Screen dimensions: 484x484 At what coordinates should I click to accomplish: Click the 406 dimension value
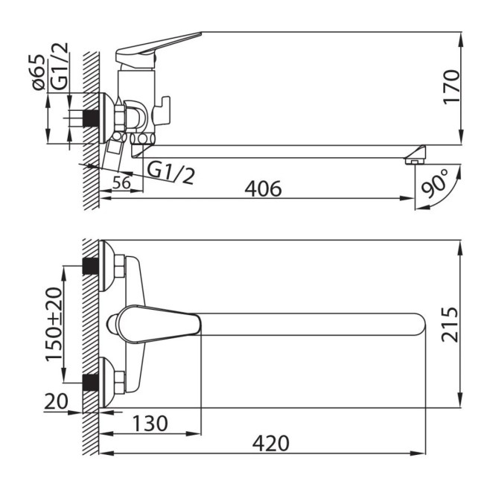pyautogui.click(x=263, y=188)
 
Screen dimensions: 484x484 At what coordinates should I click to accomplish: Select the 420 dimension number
pyautogui.click(x=271, y=443)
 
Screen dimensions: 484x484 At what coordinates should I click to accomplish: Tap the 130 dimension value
pyautogui.click(x=150, y=423)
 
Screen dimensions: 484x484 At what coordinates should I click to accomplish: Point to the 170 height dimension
pyautogui.click(x=451, y=87)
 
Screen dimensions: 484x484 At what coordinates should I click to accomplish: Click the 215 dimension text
pyautogui.click(x=450, y=325)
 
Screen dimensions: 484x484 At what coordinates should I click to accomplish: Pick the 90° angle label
pyautogui.click(x=435, y=183)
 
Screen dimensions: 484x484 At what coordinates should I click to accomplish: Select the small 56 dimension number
pyautogui.click(x=121, y=182)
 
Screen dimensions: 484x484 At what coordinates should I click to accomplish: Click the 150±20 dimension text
pyautogui.click(x=54, y=324)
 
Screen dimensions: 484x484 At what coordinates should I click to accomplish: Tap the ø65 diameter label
pyautogui.click(x=39, y=72)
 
